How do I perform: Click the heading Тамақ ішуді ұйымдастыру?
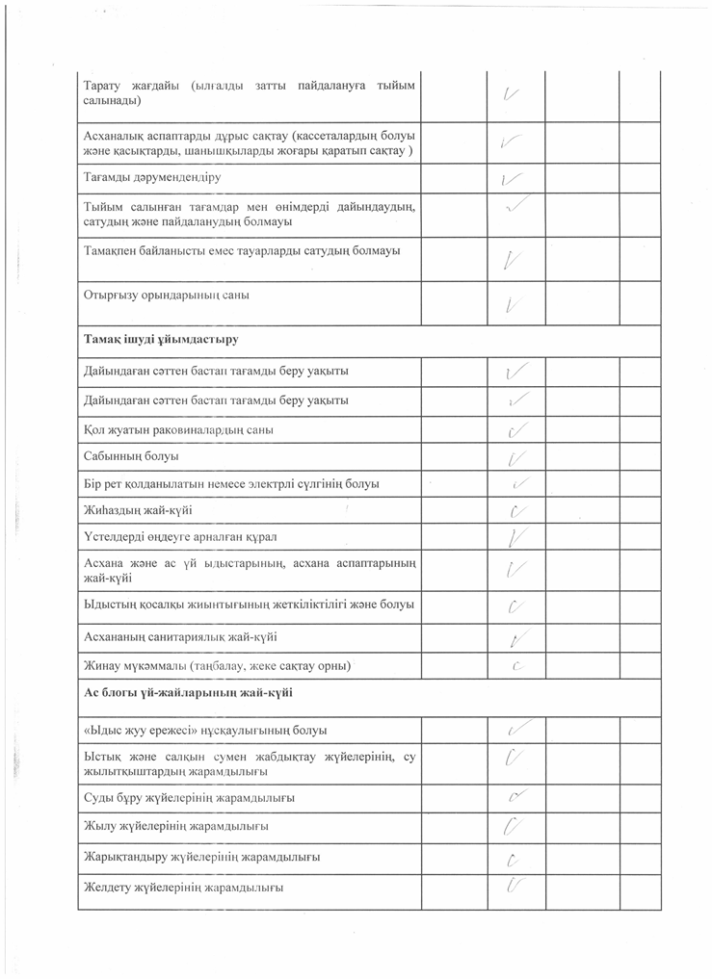pos(162,340)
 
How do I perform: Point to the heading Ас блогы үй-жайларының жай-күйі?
pos(188,693)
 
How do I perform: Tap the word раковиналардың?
pos(190,429)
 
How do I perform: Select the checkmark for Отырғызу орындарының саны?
pos(514,304)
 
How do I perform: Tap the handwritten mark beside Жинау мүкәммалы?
pos(516,664)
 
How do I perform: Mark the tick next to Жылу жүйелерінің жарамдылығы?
pos(515,825)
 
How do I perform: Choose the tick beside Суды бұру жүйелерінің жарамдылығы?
pos(519,796)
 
